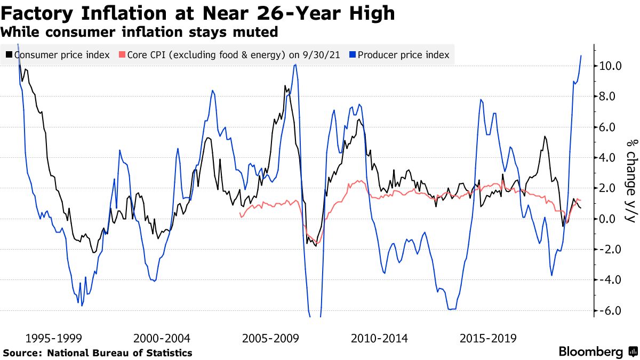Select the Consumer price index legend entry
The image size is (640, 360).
pos(62,55)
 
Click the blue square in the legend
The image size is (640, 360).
pos(353,55)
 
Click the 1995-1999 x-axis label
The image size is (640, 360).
pos(53,338)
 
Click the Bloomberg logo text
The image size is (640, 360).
pos(590,352)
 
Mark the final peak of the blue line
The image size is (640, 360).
pos(581,55)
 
